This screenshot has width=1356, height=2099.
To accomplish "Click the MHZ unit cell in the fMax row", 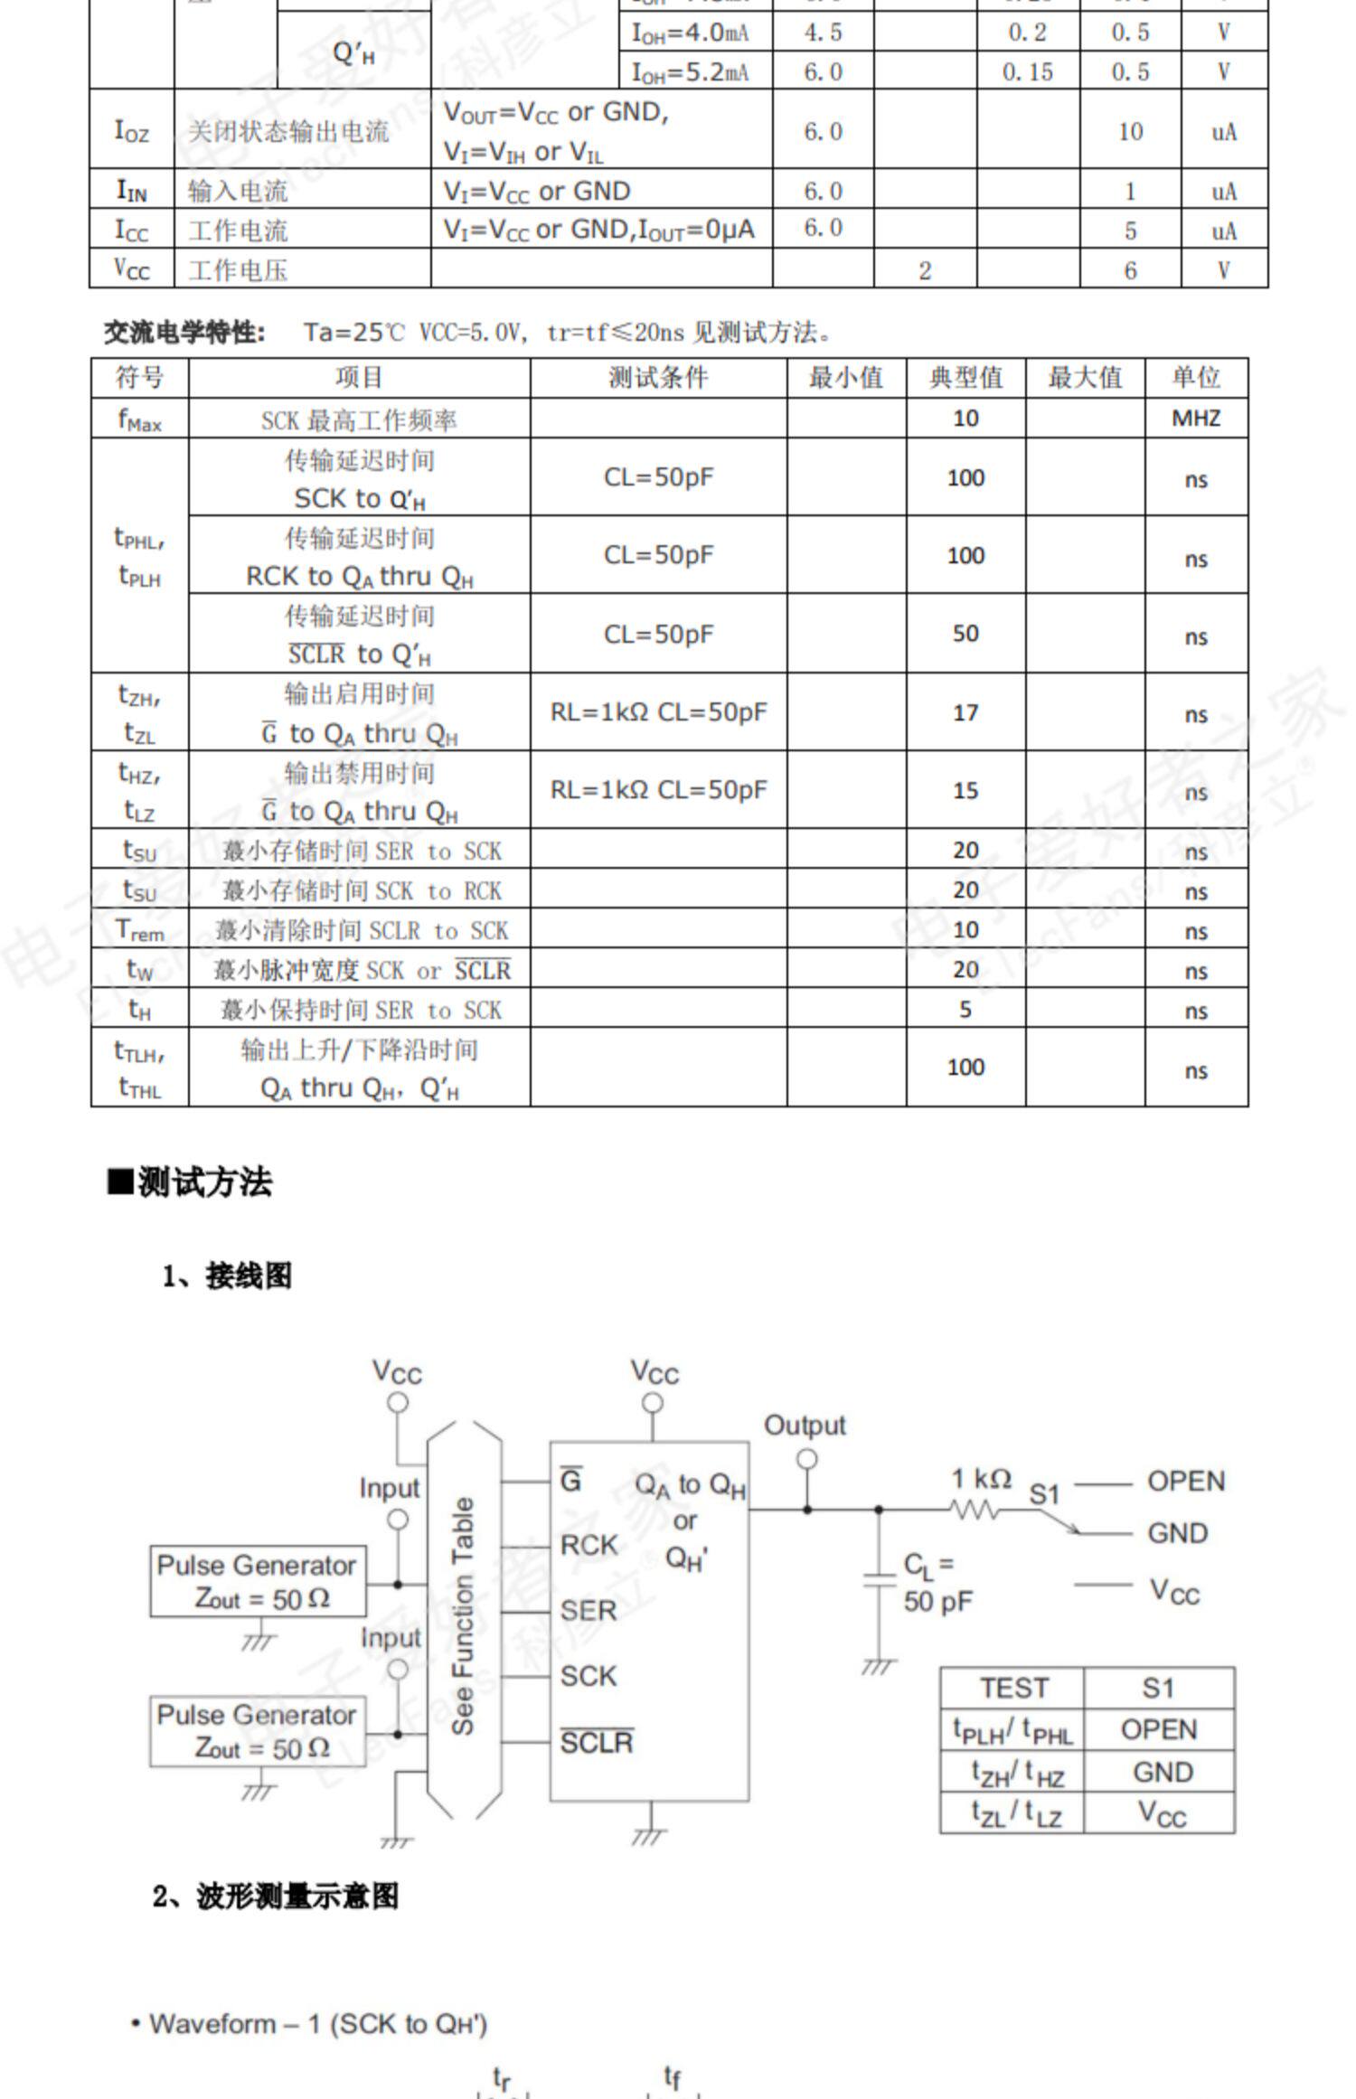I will (x=1195, y=419).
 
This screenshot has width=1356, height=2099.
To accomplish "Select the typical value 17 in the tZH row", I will (x=965, y=713).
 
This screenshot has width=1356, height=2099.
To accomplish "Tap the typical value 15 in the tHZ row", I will (x=965, y=791).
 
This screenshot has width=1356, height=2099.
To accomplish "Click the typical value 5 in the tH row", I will (x=965, y=1009).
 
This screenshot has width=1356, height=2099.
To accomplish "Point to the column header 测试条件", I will (x=657, y=378).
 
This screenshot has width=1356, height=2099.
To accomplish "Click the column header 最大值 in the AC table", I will (x=1084, y=378).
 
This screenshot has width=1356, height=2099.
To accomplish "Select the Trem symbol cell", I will (x=140, y=930).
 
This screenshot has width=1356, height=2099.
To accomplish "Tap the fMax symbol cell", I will (x=140, y=419).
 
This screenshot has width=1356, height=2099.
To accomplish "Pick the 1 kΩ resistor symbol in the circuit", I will (x=975, y=1510).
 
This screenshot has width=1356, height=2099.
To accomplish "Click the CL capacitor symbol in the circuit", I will (x=879, y=1581).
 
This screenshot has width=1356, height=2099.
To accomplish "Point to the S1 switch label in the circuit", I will (x=1044, y=1494).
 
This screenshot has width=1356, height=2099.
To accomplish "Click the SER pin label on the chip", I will (x=589, y=1610).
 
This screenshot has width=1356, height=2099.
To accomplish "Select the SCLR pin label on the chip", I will (x=597, y=1742).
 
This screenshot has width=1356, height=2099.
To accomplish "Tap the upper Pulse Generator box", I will (x=258, y=1582).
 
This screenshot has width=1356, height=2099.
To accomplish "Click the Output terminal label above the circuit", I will (x=805, y=1426).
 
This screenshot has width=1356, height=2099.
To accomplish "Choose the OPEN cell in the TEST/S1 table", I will (x=1159, y=1729).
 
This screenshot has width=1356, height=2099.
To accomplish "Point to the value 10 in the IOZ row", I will (x=1130, y=132).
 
